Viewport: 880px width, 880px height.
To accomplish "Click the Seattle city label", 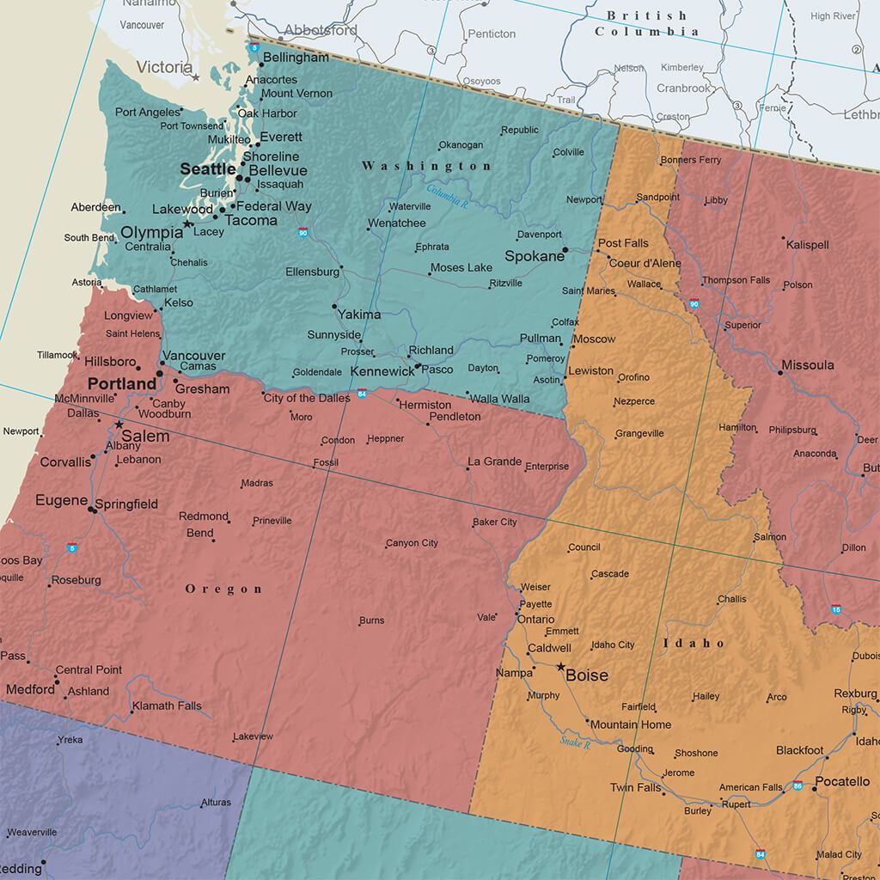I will pyautogui.click(x=207, y=170).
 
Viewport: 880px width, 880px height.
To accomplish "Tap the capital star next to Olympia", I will pyautogui.click(x=188, y=223).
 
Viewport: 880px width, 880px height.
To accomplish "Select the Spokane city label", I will pyautogui.click(x=534, y=256).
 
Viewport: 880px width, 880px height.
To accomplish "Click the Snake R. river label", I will pyautogui.click(x=575, y=742).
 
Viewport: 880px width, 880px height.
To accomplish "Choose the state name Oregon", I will pyautogui.click(x=224, y=589).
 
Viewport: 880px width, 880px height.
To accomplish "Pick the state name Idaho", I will pyautogui.click(x=694, y=643).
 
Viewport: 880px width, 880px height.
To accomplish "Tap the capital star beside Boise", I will pyautogui.click(x=560, y=667).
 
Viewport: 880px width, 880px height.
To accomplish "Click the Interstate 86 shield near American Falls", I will pyautogui.click(x=798, y=786).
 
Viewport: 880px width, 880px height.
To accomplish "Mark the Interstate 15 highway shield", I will pyautogui.click(x=836, y=609).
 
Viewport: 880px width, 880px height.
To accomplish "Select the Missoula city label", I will pyautogui.click(x=807, y=365).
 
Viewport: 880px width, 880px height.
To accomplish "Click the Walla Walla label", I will pyautogui.click(x=498, y=399).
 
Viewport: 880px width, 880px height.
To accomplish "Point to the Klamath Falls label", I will pyautogui.click(x=167, y=706).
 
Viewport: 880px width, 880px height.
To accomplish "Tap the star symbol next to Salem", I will pyautogui.click(x=119, y=425).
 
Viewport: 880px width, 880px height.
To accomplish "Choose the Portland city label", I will pyautogui.click(x=122, y=383).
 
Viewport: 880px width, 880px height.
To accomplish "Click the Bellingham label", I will pyautogui.click(x=296, y=58).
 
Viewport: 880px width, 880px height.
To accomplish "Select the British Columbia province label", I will pyautogui.click(x=647, y=23).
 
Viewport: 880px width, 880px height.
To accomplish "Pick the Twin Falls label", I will pyautogui.click(x=635, y=788).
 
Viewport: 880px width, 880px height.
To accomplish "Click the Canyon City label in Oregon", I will pyautogui.click(x=412, y=543).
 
